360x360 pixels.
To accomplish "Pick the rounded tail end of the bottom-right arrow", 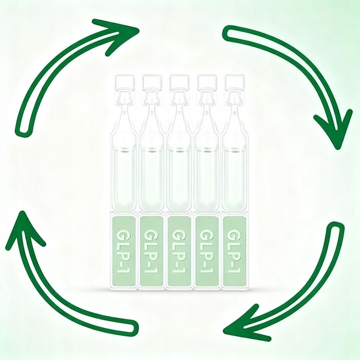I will click(x=336, y=231).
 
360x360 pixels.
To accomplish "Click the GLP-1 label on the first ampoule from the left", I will click(x=123, y=250).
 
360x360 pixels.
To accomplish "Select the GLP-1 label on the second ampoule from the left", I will click(x=151, y=250).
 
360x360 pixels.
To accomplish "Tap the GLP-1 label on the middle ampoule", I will click(x=179, y=250).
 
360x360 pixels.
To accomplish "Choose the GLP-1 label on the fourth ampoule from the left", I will click(x=207, y=250).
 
